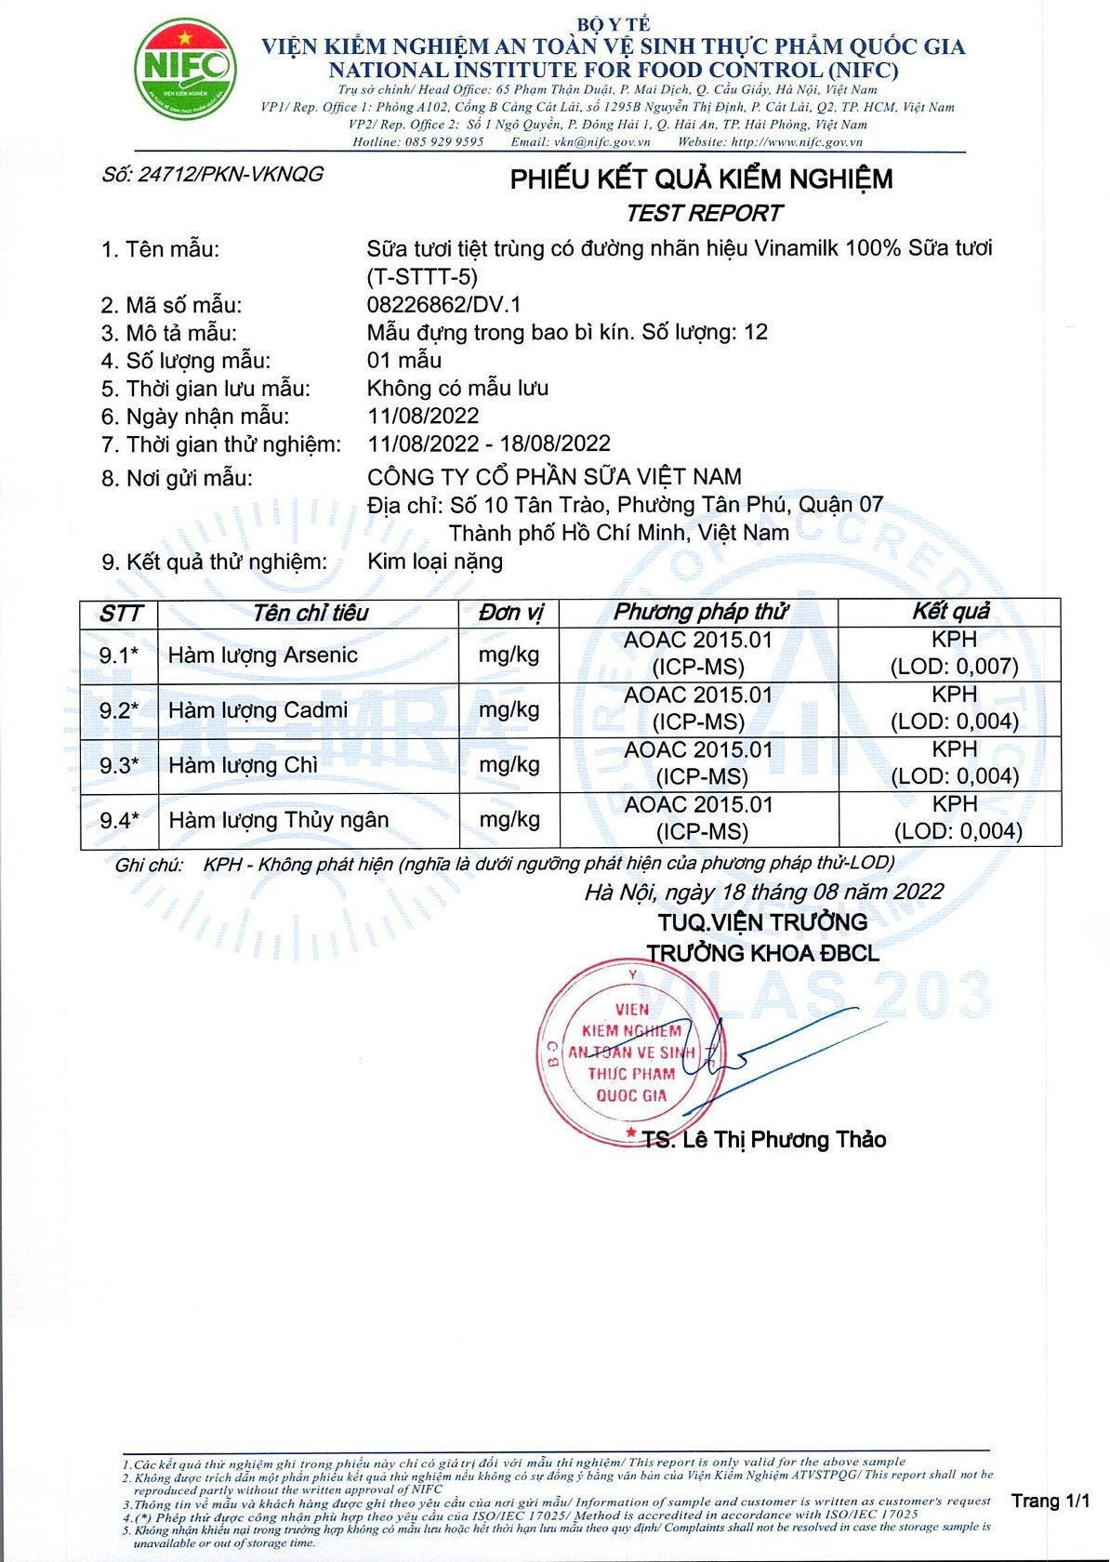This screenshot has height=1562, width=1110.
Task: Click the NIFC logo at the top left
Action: click(x=185, y=70)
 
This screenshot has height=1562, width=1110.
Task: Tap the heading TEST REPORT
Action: click(x=704, y=214)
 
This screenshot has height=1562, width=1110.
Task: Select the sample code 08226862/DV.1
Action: click(x=444, y=305)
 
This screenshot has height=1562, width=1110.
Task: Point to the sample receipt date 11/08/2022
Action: click(x=423, y=416)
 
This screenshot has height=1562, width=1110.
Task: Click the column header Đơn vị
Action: click(x=510, y=613)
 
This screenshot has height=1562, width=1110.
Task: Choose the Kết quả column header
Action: click(x=950, y=612)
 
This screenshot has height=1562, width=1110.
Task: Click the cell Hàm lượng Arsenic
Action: click(x=262, y=655)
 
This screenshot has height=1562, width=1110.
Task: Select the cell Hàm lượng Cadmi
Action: click(x=258, y=710)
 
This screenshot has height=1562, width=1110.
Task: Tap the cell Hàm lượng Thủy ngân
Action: click(x=278, y=820)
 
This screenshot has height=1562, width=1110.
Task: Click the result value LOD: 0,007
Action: click(x=955, y=667)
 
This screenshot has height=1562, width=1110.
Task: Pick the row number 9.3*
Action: click(x=119, y=765)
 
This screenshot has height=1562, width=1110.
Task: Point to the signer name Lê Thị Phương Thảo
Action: click(x=783, y=1140)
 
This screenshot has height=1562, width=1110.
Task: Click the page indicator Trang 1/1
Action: click(x=1051, y=1501)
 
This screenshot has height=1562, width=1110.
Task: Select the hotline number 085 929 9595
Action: click(x=444, y=142)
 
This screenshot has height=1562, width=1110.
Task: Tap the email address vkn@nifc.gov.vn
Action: click(x=601, y=142)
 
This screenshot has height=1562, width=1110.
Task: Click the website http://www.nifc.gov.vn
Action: click(x=797, y=142)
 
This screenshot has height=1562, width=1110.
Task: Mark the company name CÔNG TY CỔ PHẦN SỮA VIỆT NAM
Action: click(x=554, y=477)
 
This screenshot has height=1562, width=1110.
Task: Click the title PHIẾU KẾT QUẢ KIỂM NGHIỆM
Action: click(x=701, y=179)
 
